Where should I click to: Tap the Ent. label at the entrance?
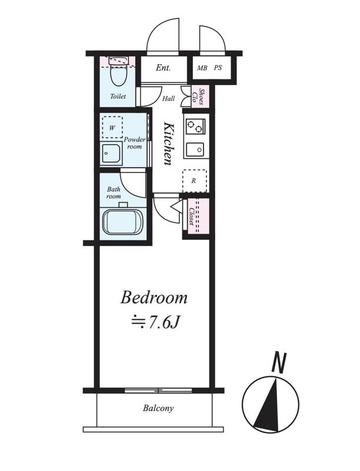163,68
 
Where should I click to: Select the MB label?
202,68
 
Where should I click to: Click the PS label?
218,68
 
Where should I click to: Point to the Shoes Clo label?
199,97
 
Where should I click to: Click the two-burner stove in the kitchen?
196,127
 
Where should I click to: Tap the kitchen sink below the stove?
195,149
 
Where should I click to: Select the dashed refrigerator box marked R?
195,181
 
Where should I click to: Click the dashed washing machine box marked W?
112,127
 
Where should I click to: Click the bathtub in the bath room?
124,223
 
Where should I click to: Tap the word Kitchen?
168,143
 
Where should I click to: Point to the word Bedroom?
154,298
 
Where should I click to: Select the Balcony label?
158,408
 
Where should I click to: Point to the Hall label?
169,98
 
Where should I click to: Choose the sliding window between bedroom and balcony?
158,390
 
